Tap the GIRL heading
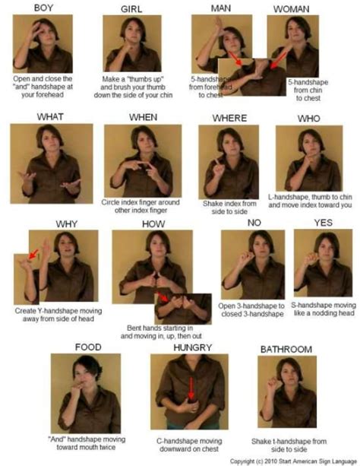pos(132,8)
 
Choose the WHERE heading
pos(228,117)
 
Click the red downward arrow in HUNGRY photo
pos(191,389)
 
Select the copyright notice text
pos(291,461)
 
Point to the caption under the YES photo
pos(324,309)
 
